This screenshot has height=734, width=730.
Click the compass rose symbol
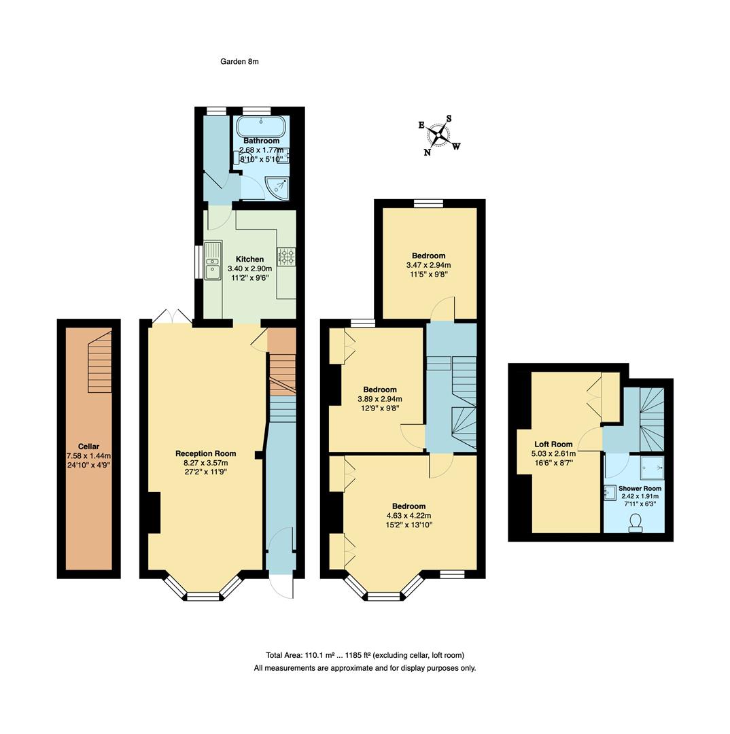tap(438, 135)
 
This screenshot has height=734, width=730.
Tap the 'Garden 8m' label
tap(239, 62)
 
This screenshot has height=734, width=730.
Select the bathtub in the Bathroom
tap(261, 126)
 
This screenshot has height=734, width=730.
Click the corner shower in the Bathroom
tap(277, 187)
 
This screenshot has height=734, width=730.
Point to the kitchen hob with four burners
tap(286, 256)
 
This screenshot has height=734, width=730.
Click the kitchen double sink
tap(213, 260)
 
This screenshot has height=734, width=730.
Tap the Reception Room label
tap(205, 453)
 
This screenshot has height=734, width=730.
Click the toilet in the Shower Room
tap(636, 522)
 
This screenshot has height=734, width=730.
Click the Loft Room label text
tap(553, 444)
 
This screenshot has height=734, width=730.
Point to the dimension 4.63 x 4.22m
tap(409, 515)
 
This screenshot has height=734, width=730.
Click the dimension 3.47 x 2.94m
tap(428, 265)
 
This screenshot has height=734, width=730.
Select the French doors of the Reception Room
tap(171, 317)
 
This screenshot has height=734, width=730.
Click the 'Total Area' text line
tap(365, 655)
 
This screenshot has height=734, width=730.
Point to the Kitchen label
tap(249, 259)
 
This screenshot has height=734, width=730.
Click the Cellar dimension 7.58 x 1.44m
tap(88, 456)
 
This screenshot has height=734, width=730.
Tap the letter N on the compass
tap(428, 153)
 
